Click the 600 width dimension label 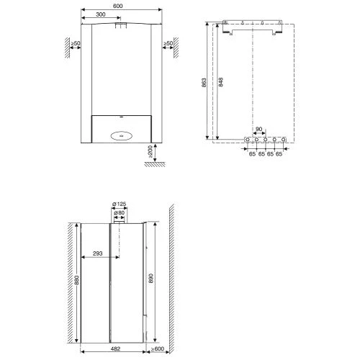117,6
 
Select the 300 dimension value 101,14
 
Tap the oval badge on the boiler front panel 122,136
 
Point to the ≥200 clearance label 150,151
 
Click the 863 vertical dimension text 204,82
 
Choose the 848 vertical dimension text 221,82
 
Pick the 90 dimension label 258,129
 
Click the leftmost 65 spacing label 252,154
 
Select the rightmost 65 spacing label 279,154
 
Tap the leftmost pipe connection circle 248,140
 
